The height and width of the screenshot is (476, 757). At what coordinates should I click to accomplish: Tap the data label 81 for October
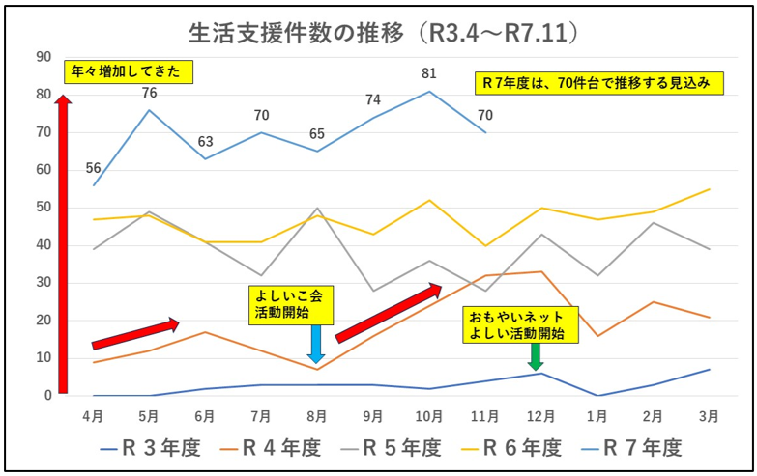429,72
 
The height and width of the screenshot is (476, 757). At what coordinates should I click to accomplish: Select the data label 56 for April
94,168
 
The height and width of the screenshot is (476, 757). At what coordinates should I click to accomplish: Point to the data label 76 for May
150,93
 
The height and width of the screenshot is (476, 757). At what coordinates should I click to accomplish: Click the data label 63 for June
206,142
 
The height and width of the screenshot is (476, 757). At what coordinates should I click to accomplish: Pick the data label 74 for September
373,99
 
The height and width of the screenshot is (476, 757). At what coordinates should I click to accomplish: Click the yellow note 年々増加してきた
129,71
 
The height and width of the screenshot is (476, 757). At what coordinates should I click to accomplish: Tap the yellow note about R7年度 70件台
599,83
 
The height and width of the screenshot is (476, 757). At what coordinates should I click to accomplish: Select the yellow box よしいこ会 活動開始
290,304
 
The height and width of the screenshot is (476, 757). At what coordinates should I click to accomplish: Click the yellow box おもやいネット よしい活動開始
522,325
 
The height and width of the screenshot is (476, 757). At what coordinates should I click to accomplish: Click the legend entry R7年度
632,448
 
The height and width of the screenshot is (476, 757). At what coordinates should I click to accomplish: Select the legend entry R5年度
392,448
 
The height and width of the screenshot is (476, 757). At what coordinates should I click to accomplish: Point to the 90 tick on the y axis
43,57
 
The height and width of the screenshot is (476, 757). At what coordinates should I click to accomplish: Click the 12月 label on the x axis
540,416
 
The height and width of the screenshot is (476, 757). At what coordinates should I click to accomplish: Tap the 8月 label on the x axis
317,416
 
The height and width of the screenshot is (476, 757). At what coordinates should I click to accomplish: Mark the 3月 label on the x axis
709,416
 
